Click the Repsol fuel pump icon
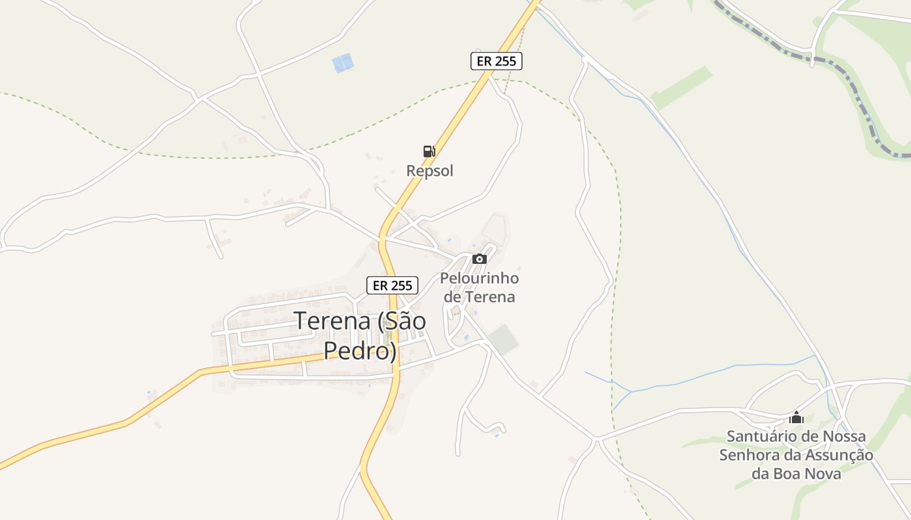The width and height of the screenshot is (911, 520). pyautogui.click(x=429, y=151)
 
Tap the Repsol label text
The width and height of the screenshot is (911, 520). pyautogui.click(x=429, y=171)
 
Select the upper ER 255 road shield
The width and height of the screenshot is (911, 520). pyautogui.click(x=496, y=61)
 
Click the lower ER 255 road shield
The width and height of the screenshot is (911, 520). pyautogui.click(x=392, y=285)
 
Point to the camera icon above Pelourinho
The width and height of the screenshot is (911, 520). pyautogui.click(x=480, y=259)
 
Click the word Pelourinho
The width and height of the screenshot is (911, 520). pyautogui.click(x=480, y=278)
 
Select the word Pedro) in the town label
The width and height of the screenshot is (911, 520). pyautogui.click(x=360, y=351)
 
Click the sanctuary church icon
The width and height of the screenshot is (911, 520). pyautogui.click(x=796, y=417)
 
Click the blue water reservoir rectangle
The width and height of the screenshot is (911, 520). pyautogui.click(x=342, y=63)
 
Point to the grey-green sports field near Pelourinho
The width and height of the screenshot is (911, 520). pyautogui.click(x=503, y=340)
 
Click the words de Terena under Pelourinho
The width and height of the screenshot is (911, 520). pyautogui.click(x=479, y=297)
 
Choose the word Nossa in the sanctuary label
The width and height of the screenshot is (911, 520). pyautogui.click(x=844, y=436)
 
